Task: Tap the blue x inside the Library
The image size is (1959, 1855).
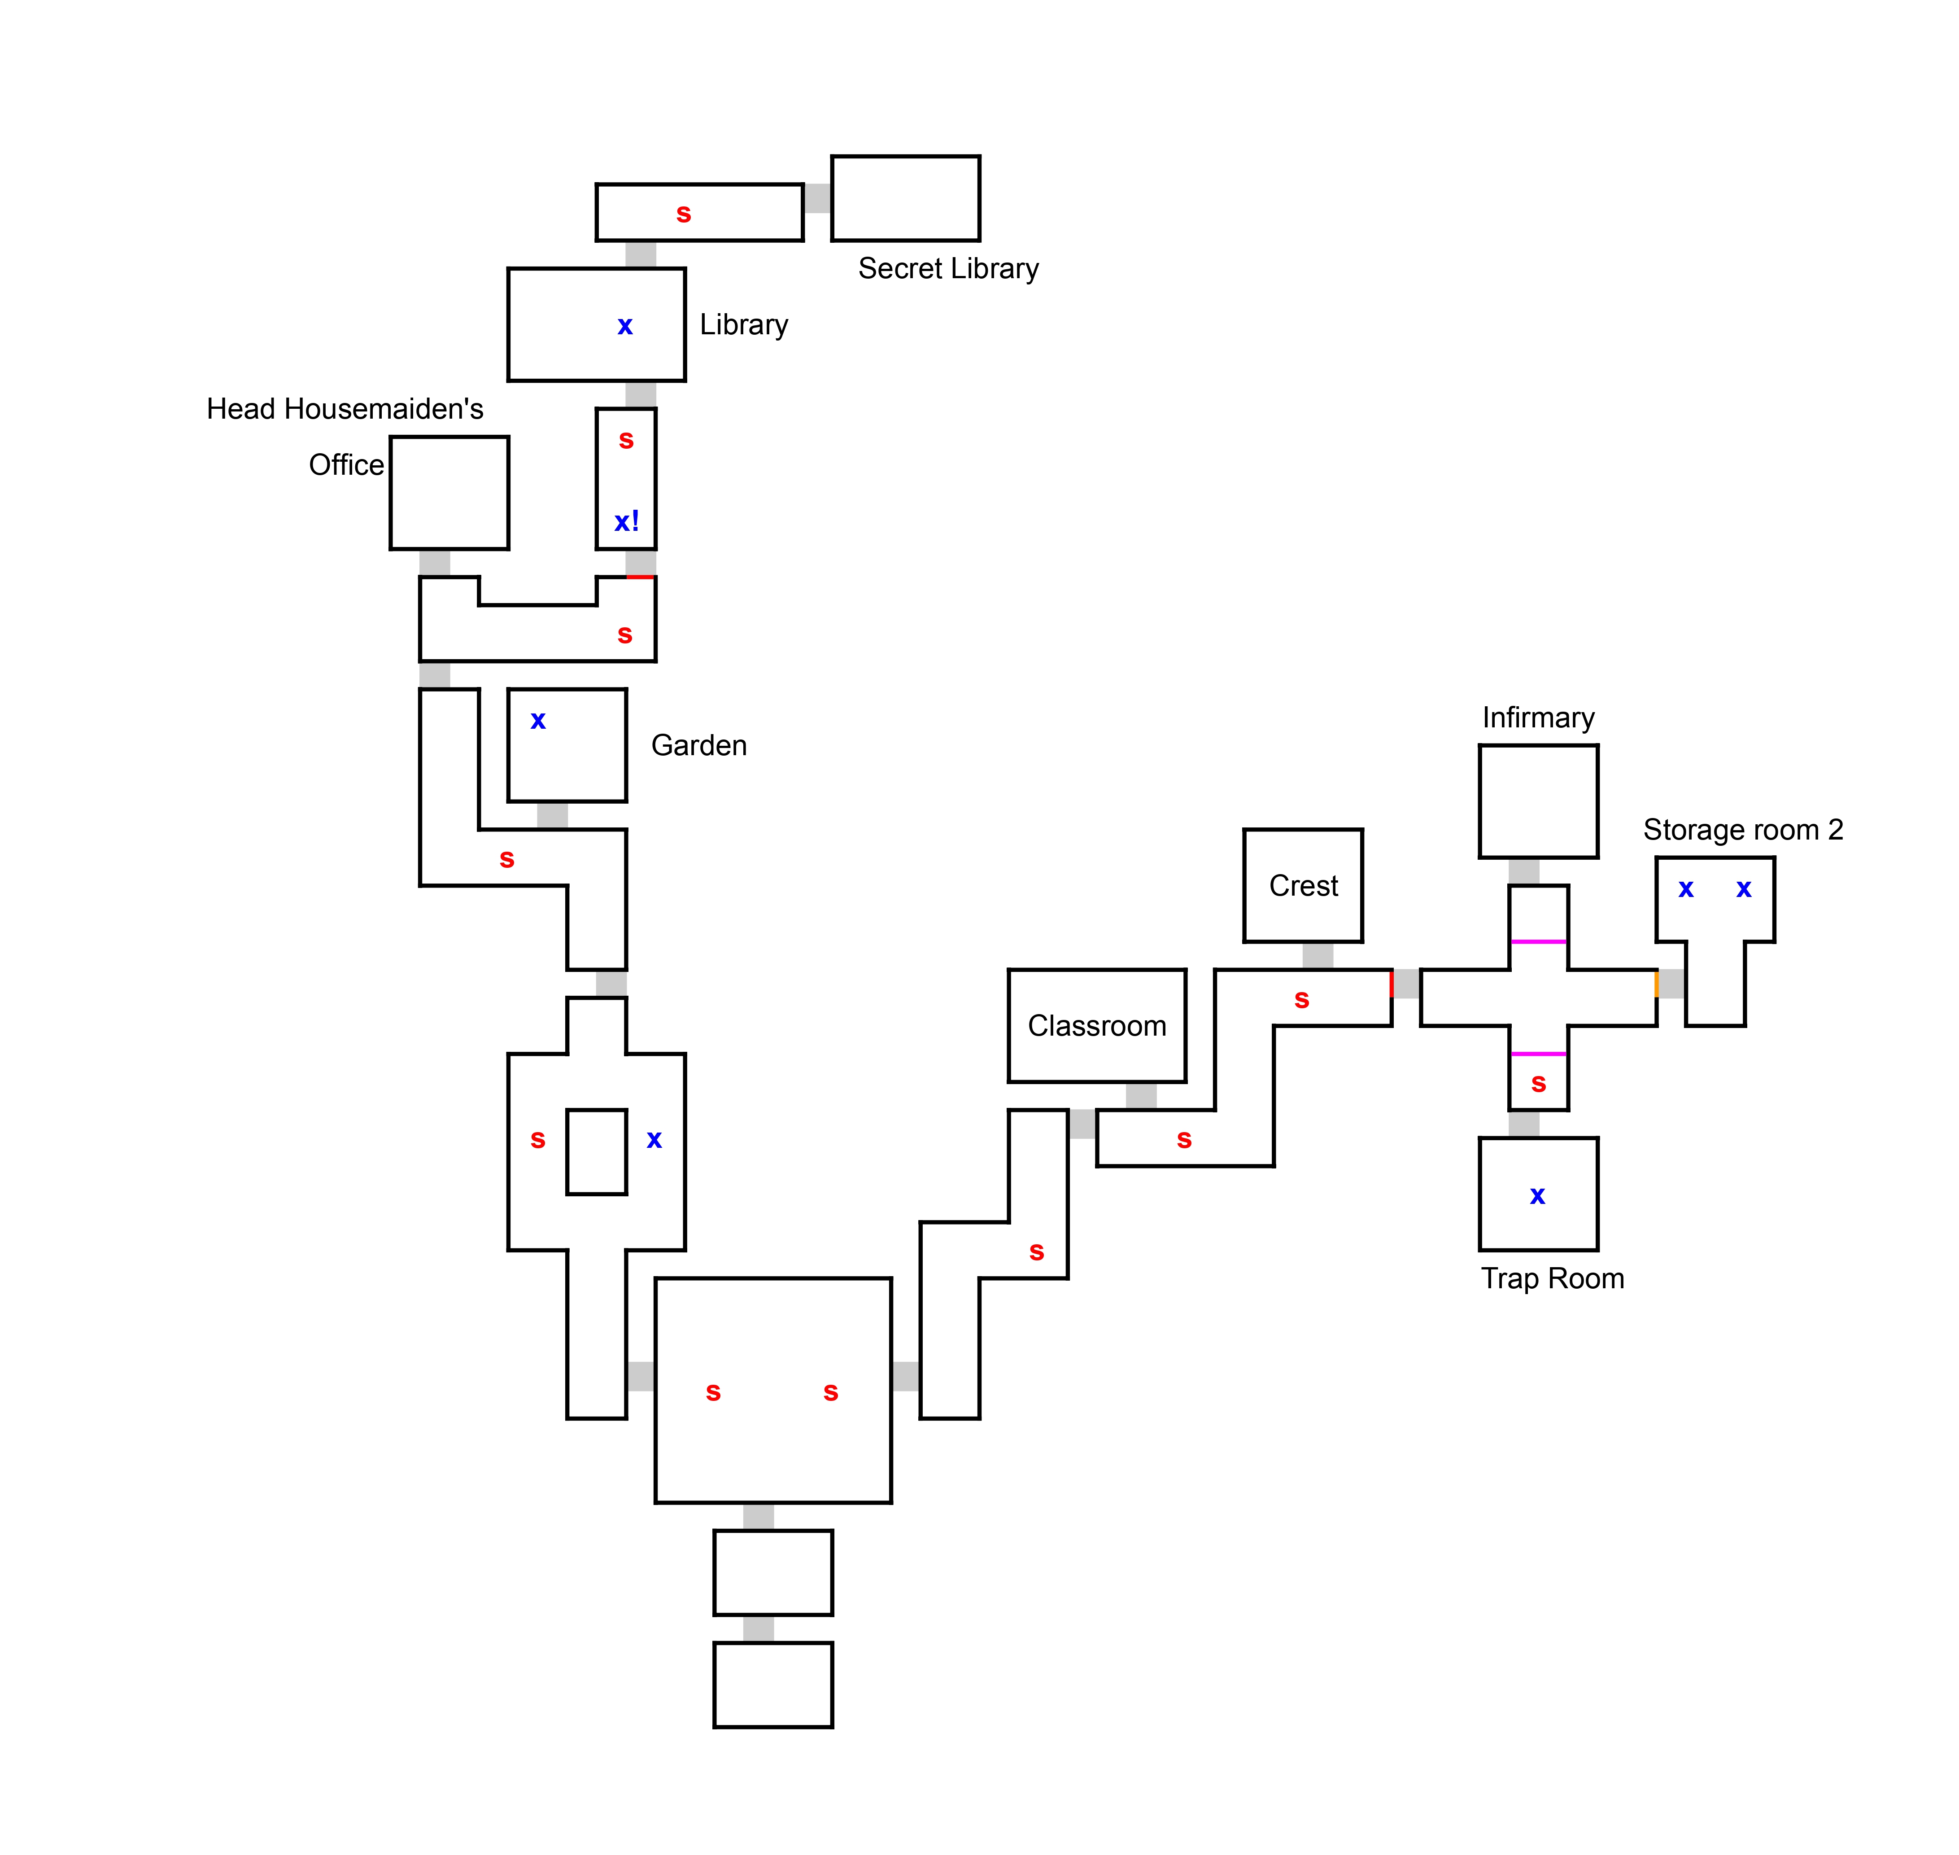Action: pos(625,326)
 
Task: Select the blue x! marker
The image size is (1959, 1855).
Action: pos(627,521)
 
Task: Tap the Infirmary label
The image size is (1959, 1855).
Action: pos(1538,718)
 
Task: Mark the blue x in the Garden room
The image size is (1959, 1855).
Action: pos(538,721)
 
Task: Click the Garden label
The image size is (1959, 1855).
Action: pos(699,746)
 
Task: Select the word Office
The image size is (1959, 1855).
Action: pos(346,465)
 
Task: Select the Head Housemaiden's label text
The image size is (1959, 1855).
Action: pos(345,409)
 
